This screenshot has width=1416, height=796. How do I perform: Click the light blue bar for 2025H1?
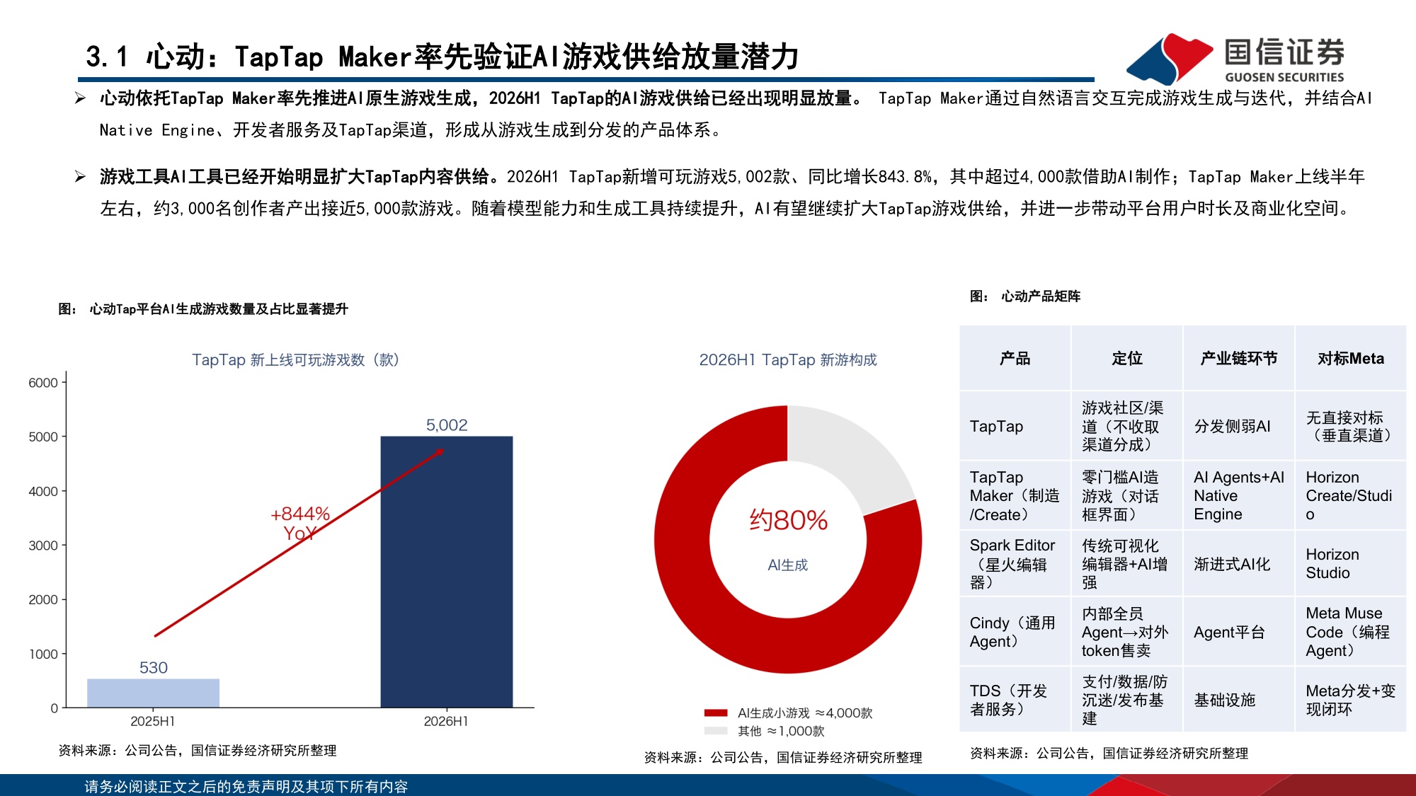(153, 693)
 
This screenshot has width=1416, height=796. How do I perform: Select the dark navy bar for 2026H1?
(447, 572)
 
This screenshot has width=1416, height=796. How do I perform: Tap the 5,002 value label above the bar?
(447, 425)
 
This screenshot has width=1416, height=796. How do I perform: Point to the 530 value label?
(154, 667)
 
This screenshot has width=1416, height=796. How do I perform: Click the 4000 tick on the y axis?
(43, 491)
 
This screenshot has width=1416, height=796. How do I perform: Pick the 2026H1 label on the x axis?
(446, 721)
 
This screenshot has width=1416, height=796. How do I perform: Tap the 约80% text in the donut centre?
(789, 520)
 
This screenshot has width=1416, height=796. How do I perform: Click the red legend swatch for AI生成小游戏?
(716, 713)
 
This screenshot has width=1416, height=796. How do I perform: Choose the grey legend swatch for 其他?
(716, 731)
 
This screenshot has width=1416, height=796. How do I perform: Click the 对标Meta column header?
(1351, 359)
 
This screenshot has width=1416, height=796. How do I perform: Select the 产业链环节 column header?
(1239, 359)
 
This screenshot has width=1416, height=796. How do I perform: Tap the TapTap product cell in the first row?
(996, 427)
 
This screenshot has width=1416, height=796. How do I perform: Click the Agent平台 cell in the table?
(1229, 632)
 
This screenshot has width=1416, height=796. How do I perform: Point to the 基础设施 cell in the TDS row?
(1225, 700)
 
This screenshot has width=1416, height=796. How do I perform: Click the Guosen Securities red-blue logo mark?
(1170, 59)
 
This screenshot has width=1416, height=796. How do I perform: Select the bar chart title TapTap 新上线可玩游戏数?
(295, 359)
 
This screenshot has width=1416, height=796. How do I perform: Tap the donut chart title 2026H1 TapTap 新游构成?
(788, 359)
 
